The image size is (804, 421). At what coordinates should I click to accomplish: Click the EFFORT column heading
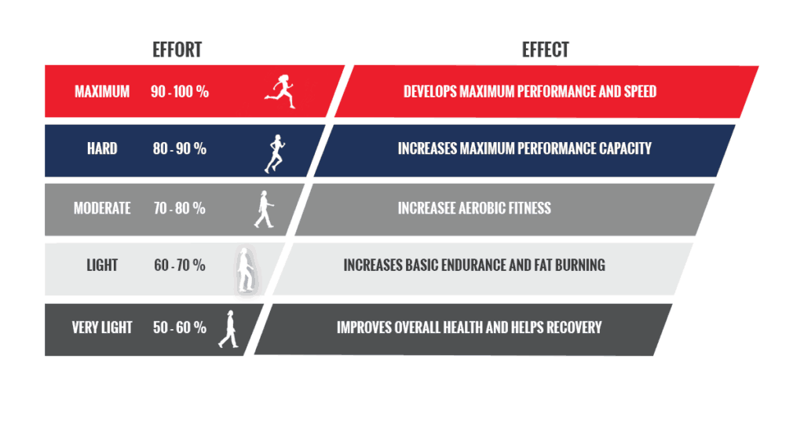point(177,49)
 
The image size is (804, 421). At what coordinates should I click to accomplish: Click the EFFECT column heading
point(545,49)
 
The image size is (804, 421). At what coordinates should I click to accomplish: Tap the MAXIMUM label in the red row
point(102,92)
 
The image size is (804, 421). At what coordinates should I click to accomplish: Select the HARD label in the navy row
point(102,148)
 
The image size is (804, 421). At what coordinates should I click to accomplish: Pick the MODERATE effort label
point(102,208)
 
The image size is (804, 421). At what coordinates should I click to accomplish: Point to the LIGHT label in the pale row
point(102,265)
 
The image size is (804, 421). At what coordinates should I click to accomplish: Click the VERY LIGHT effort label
point(102,328)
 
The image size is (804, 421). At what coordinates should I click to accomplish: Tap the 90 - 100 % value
point(180,92)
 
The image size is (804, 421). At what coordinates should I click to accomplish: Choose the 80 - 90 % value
point(180,148)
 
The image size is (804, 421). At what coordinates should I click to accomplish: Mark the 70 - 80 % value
point(180,208)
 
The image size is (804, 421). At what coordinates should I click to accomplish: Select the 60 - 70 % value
point(180,265)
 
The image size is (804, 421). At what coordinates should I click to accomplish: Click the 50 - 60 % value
point(180,328)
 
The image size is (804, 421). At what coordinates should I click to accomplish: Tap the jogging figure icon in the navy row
point(276,154)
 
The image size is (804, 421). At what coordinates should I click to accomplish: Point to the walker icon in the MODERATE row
point(264,209)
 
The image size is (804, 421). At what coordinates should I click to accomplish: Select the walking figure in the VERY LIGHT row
point(228,329)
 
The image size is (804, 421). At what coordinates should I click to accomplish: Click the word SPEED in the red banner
point(640,92)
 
